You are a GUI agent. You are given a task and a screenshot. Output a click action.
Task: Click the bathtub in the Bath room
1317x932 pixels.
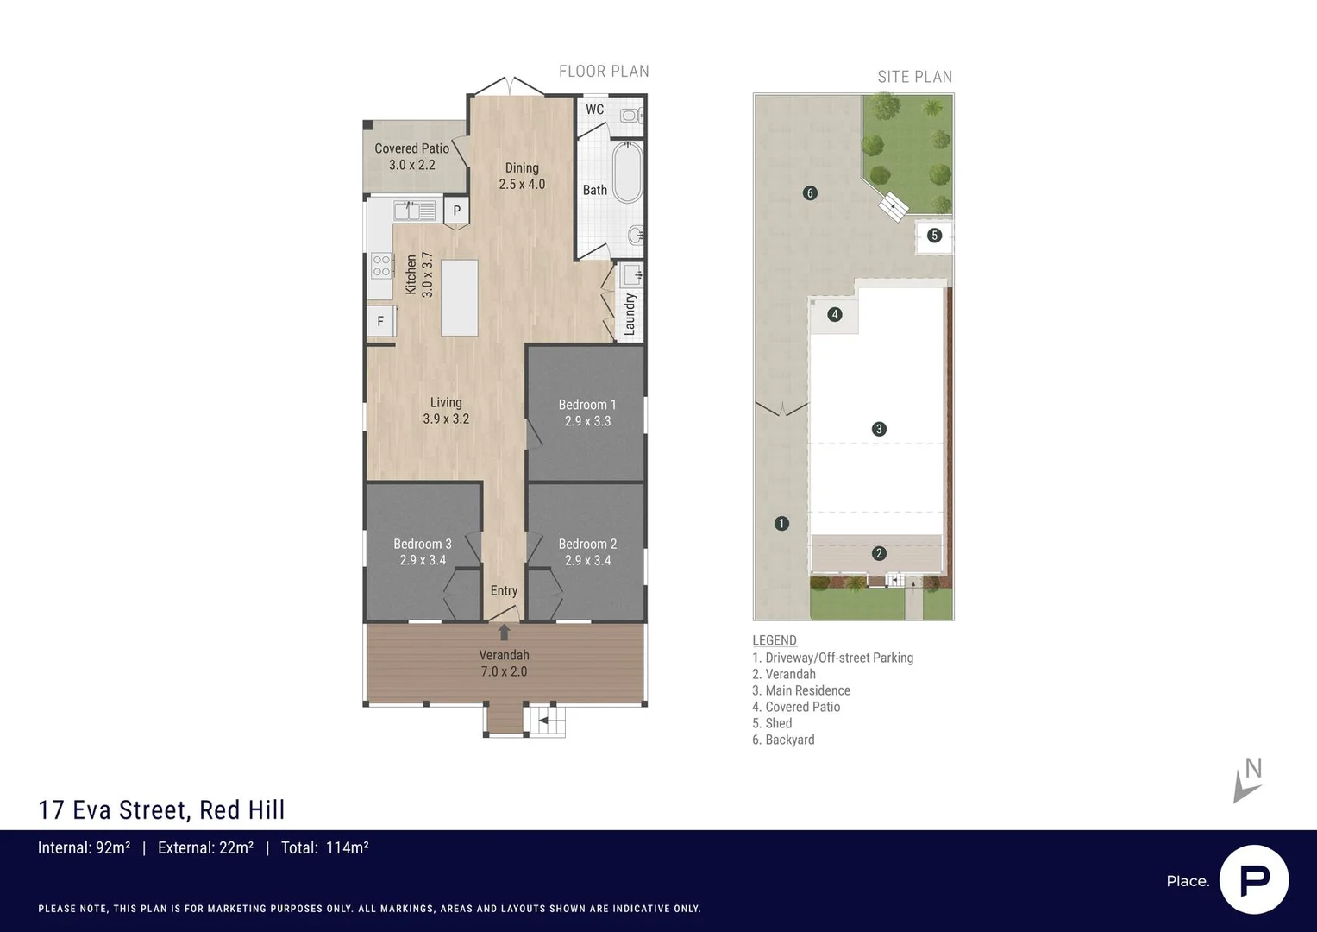click(x=627, y=172)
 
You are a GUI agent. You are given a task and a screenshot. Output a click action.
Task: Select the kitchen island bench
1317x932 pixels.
click(x=459, y=298)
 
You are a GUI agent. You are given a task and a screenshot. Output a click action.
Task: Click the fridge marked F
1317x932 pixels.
click(x=381, y=321)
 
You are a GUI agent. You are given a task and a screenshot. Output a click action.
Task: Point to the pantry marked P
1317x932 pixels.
click(x=456, y=210)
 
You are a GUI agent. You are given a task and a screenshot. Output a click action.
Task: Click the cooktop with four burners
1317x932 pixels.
click(x=381, y=265)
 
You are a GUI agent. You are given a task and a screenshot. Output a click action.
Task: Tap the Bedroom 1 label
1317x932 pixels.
click(x=587, y=405)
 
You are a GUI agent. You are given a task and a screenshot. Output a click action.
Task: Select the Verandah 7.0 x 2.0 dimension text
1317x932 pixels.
click(x=504, y=671)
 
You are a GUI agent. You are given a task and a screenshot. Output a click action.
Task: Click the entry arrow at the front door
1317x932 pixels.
click(x=504, y=632)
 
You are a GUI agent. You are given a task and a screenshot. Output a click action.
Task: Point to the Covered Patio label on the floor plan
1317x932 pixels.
click(x=411, y=148)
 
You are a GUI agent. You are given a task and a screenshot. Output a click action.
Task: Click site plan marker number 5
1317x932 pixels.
click(x=934, y=236)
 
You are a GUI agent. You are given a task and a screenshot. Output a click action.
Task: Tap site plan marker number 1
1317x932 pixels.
click(x=781, y=523)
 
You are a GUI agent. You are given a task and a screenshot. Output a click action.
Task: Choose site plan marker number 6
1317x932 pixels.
click(x=810, y=193)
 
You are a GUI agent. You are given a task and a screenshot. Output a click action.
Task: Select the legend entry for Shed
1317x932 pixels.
click(x=772, y=723)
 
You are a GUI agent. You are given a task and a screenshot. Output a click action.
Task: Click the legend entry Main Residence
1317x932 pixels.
click(x=800, y=690)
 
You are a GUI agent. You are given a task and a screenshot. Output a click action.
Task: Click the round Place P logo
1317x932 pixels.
click(x=1254, y=879)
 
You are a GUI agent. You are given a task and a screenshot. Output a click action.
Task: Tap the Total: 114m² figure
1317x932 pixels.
click(x=324, y=847)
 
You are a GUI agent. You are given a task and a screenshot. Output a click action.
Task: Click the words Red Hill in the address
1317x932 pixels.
click(x=241, y=810)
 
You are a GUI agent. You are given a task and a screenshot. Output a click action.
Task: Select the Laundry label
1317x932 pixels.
click(x=630, y=314)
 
